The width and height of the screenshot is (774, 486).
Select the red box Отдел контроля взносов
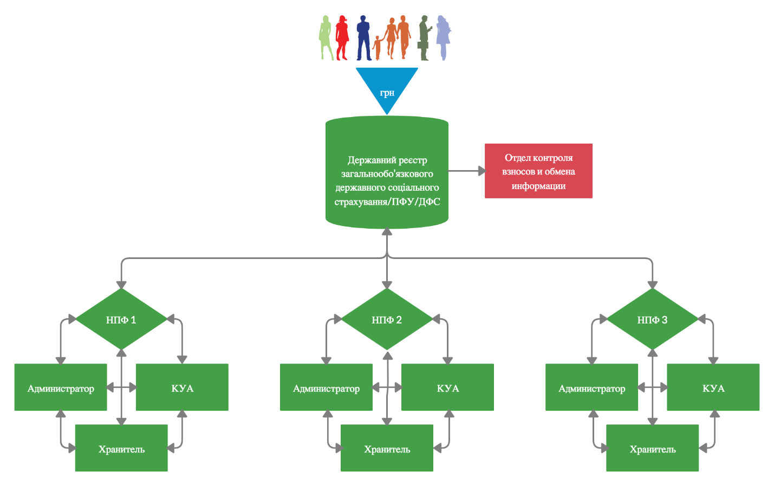point(538,171)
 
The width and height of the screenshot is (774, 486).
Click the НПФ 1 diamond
point(121,320)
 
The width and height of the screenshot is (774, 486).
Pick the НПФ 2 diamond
point(387,320)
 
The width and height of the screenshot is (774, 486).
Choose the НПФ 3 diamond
point(652,320)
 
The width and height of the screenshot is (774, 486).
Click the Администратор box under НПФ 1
point(61,387)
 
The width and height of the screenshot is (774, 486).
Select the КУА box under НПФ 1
point(182,387)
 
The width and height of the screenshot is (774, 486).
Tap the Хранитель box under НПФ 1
point(121,448)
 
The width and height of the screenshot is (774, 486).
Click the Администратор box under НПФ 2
point(326,387)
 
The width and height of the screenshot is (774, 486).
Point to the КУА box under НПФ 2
point(447,387)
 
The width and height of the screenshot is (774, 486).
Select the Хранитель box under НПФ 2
point(387,448)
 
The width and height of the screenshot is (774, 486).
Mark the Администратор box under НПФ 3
point(591,387)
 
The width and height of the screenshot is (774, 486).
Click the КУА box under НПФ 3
point(713,387)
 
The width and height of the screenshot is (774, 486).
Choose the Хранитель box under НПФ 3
point(652,448)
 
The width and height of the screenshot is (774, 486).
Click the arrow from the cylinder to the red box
point(466,171)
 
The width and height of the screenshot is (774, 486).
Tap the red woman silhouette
point(342,37)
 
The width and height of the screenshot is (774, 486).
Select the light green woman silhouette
point(325,38)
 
